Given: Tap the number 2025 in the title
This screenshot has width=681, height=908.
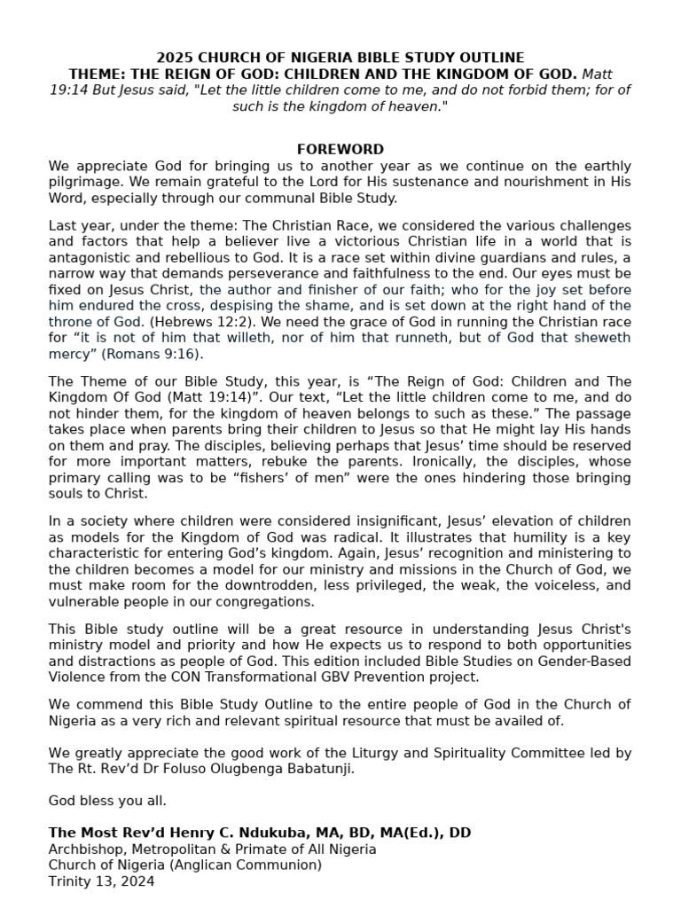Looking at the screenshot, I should (x=175, y=58).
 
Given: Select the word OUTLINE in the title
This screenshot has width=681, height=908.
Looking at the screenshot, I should (x=493, y=58).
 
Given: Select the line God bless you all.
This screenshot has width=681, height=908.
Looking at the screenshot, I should (x=107, y=801).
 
